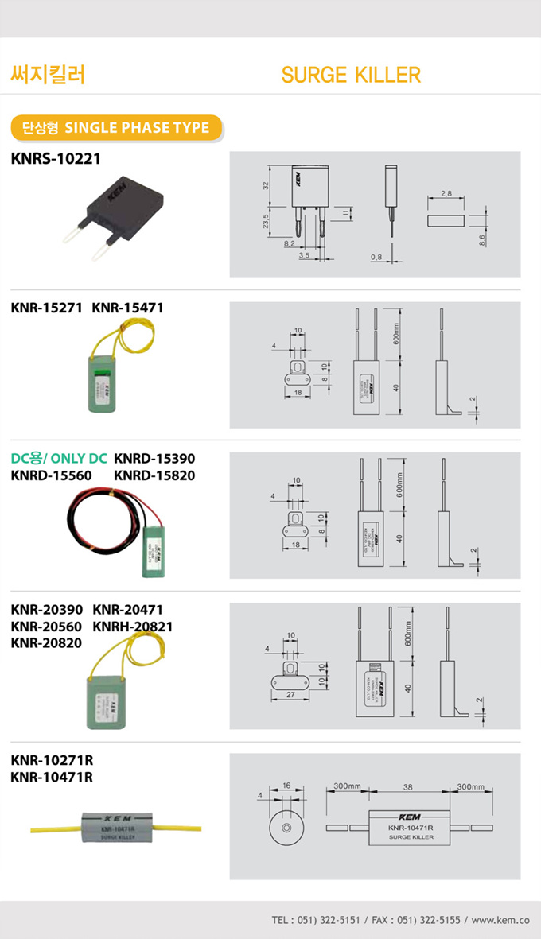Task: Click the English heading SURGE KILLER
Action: coord(351,75)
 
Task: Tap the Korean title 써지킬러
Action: coord(48,75)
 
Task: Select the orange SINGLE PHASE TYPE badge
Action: coord(116,127)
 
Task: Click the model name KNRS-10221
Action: coord(56,158)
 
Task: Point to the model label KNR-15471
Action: coord(127,307)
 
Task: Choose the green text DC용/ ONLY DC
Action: coord(59,459)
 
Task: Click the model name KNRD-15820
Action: coord(154,475)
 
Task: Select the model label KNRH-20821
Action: coord(133,626)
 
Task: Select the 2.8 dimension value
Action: coord(446,193)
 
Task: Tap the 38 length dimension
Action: coord(407,786)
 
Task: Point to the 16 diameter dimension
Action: coord(286,785)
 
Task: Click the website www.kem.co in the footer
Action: coord(500,920)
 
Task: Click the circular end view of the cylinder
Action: coord(286,829)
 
